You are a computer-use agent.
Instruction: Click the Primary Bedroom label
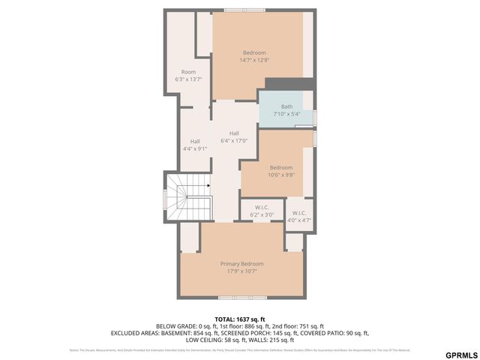(241, 264)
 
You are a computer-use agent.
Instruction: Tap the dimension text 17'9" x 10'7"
(241, 271)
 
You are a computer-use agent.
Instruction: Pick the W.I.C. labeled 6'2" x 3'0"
(262, 208)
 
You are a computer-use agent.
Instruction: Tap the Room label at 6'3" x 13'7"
(188, 72)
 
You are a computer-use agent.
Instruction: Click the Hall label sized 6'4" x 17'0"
(234, 133)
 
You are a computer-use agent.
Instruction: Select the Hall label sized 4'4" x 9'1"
(195, 141)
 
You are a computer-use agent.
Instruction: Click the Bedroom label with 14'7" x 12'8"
(254, 52)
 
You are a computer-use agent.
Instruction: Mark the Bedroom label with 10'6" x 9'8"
(281, 167)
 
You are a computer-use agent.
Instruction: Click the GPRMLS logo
(460, 354)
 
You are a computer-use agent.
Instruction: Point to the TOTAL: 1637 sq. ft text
(240, 319)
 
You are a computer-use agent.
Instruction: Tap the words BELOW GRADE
(177, 326)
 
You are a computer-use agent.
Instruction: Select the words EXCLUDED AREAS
(135, 333)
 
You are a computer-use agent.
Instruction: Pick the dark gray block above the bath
(289, 83)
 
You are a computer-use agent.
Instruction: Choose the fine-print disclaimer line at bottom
(240, 350)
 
